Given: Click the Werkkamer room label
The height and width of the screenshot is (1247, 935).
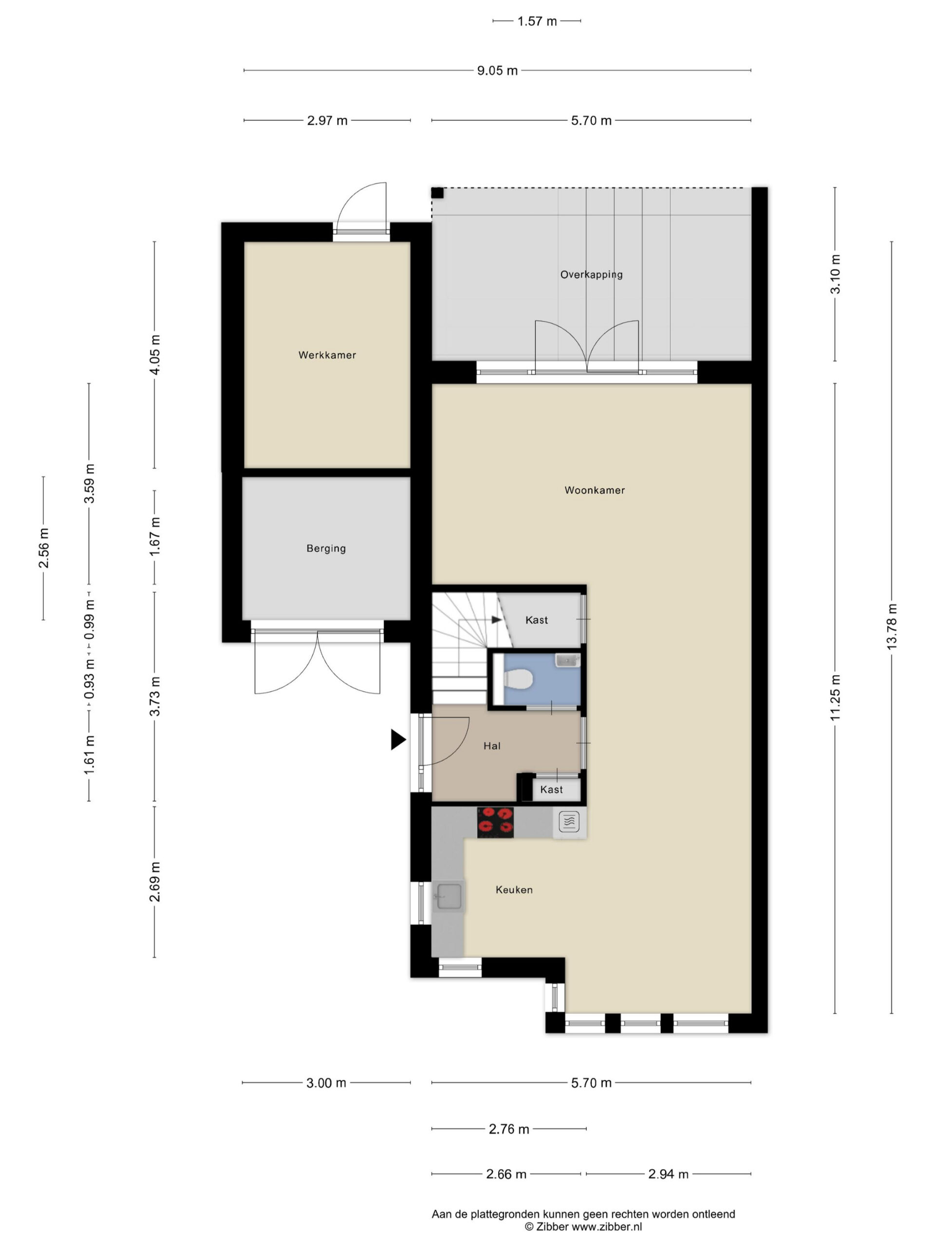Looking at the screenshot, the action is click(327, 355).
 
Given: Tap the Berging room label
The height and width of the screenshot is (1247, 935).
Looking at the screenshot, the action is click(326, 548).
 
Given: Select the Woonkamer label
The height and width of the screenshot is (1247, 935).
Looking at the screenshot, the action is click(595, 491).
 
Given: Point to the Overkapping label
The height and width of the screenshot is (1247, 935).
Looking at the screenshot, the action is click(591, 275).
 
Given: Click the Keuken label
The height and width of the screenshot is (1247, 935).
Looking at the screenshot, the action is click(514, 889).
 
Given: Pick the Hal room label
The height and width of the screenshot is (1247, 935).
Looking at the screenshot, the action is click(491, 746).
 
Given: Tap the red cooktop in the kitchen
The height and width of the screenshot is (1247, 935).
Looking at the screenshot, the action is click(495, 822).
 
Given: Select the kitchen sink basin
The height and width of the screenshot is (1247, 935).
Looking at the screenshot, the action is click(449, 896).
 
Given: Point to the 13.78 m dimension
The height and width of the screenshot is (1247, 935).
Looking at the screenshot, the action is click(891, 626).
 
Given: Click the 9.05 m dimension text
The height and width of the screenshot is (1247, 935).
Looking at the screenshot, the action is click(497, 71).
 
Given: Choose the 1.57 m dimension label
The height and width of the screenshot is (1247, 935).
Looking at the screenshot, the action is click(537, 21).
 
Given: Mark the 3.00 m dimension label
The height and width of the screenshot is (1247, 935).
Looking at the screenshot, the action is click(326, 1083).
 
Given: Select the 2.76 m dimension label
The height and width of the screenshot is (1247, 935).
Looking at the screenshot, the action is click(509, 1129).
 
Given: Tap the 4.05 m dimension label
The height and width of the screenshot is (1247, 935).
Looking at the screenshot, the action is click(154, 355).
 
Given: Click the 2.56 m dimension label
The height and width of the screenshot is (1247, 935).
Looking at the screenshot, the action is click(43, 548).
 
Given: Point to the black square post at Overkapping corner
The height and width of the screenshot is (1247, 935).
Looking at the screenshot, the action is click(437, 193).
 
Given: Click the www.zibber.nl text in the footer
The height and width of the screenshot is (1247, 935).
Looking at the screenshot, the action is click(607, 1227).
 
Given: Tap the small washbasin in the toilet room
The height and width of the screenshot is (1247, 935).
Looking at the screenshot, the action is click(567, 660).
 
